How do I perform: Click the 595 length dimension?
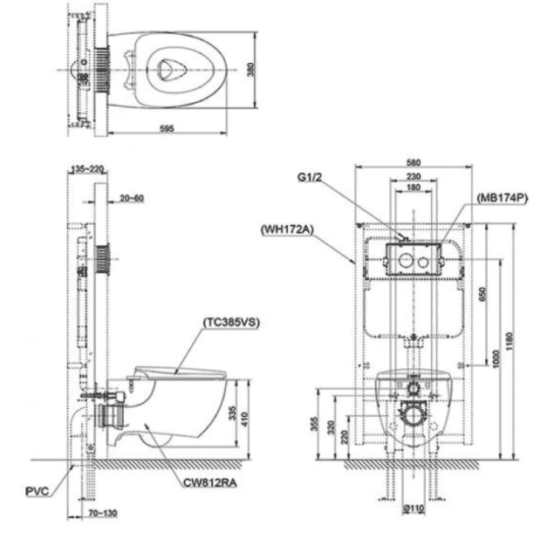click(x=167, y=128)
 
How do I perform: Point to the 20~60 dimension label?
click(x=133, y=199)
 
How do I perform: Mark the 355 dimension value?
click(x=315, y=425)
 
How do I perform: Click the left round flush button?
click(x=406, y=260)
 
